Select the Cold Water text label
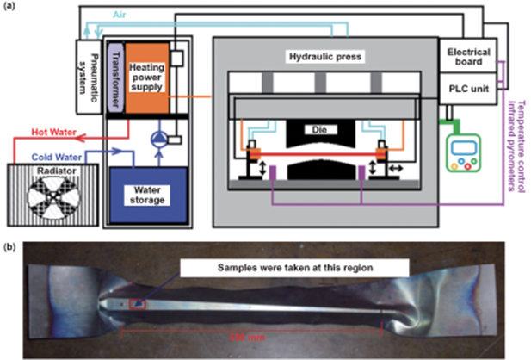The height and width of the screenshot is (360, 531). (59, 158)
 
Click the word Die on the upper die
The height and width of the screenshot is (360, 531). (320, 130)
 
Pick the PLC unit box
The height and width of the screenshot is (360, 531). (470, 88)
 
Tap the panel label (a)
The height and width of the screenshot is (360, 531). (12, 9)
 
